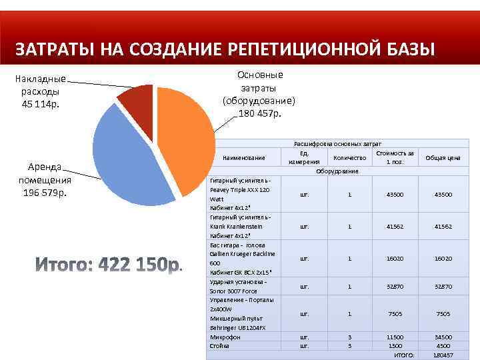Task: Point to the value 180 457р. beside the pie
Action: click(x=260, y=113)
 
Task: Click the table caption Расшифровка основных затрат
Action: click(x=337, y=143)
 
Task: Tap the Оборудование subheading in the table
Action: click(x=337, y=171)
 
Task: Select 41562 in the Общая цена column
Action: click(x=443, y=227)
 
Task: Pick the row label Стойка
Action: click(x=219, y=345)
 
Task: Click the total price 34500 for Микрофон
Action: click(x=443, y=337)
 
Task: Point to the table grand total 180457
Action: click(x=443, y=355)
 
